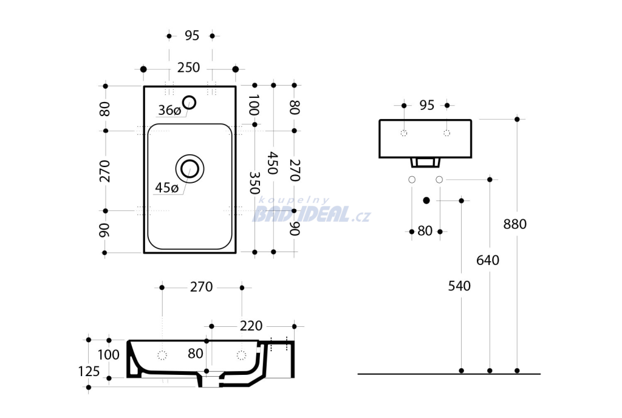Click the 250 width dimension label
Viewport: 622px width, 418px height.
click(x=188, y=68)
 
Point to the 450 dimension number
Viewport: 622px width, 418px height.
click(x=273, y=163)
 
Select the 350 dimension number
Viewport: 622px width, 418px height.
click(x=255, y=183)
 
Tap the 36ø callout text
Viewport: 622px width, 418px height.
click(x=169, y=110)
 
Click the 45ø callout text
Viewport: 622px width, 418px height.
click(x=166, y=188)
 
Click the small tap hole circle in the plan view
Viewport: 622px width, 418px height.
click(x=190, y=102)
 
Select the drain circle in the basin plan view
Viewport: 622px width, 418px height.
click(x=190, y=169)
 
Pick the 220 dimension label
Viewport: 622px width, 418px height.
click(x=251, y=326)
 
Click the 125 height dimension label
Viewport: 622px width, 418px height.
click(x=89, y=372)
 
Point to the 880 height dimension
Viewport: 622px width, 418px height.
click(x=515, y=224)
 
